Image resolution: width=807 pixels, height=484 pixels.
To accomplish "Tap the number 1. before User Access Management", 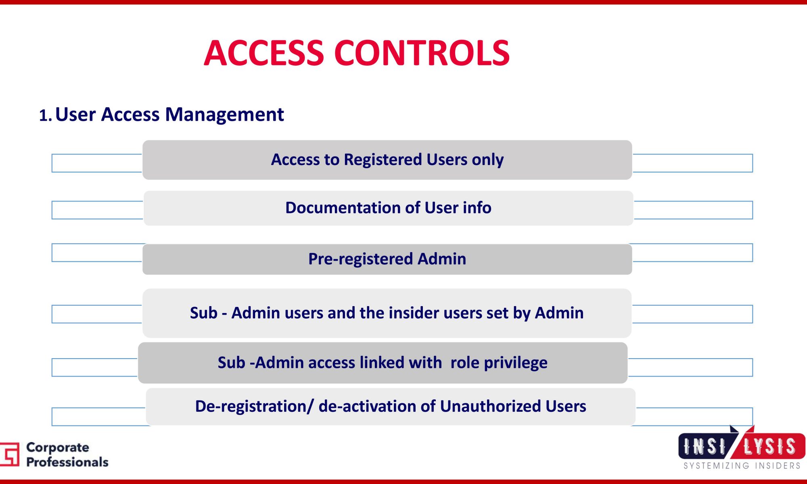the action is coord(46,116).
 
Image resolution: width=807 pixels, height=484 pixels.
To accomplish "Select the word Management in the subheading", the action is coord(224,115).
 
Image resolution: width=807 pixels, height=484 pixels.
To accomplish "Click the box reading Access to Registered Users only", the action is coord(387,160).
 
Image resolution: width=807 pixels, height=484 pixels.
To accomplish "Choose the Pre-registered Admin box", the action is coord(387,259).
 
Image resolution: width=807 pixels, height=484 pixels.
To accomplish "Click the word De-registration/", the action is coord(254,407).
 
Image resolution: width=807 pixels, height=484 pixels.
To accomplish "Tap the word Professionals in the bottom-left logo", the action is coord(67,462).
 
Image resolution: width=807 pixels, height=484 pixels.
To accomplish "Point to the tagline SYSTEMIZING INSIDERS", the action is coord(742,466).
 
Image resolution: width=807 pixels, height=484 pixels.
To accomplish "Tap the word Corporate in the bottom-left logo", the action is coord(58,448).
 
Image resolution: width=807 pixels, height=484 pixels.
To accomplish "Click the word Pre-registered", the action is coord(361,259).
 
